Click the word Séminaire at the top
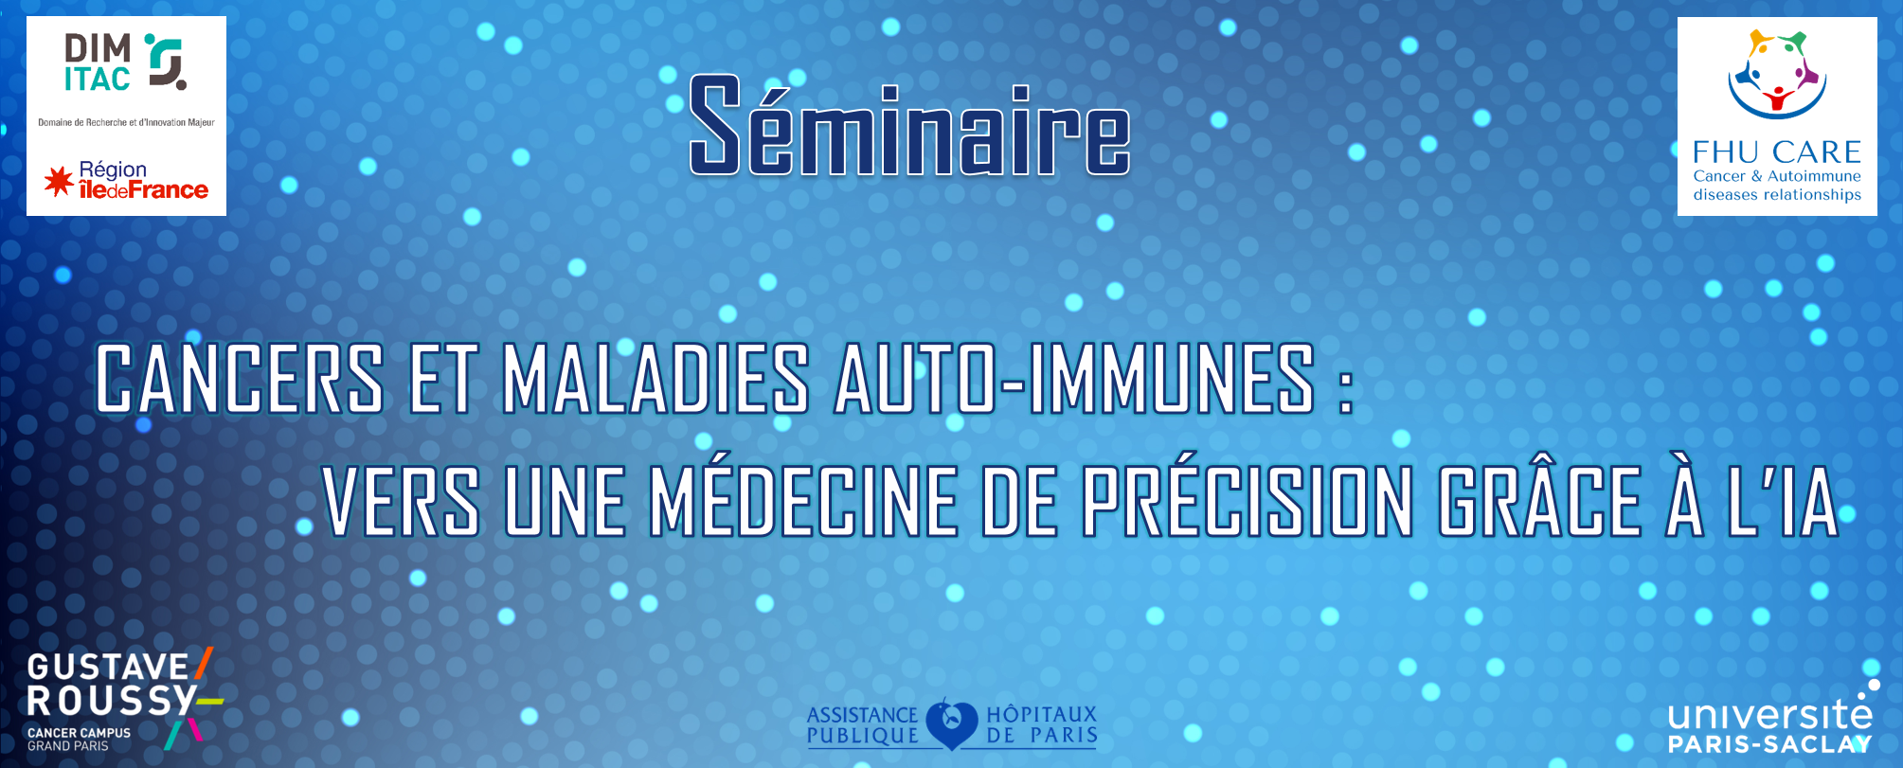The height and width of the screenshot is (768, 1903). click(x=909, y=125)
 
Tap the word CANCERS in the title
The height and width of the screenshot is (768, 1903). click(x=240, y=379)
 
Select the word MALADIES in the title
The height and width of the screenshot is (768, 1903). click(x=655, y=379)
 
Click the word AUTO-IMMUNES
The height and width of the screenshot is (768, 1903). click(x=1075, y=379)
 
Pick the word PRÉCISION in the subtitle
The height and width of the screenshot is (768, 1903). click(x=1248, y=501)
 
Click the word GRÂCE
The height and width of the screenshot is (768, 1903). click(x=1541, y=501)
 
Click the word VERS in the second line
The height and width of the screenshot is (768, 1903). click(x=402, y=501)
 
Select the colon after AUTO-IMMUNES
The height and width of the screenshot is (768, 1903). click(x=1346, y=390)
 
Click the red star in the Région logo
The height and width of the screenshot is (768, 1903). click(x=59, y=180)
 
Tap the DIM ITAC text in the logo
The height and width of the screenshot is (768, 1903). click(x=98, y=63)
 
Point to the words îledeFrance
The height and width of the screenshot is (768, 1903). click(x=143, y=190)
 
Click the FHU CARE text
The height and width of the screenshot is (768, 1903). click(x=1777, y=152)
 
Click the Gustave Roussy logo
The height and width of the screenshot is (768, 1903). click(x=123, y=699)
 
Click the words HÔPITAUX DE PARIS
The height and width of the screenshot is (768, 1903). click(x=1042, y=725)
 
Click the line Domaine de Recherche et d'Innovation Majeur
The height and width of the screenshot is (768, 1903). click(x=126, y=122)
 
